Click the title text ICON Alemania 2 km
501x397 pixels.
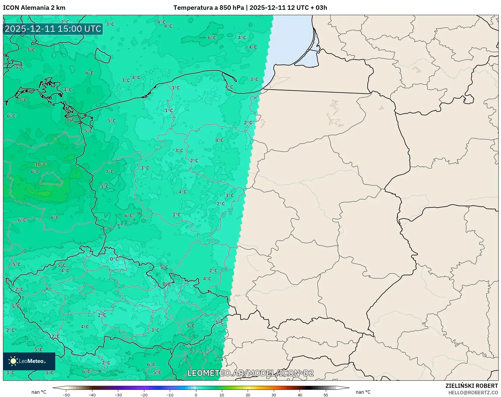click(34, 8)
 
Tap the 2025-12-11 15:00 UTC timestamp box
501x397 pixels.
click(53, 29)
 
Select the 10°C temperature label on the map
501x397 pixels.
click(41, 164)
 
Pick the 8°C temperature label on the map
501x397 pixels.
click(70, 120)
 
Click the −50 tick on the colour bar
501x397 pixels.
click(66, 395)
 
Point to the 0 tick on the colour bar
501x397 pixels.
click(196, 395)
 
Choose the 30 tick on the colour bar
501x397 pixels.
click(274, 395)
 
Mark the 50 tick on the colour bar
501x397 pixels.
click(326, 395)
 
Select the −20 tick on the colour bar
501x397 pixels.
click(144, 395)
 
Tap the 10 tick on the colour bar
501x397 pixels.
click(222, 395)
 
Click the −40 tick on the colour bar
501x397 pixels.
click(92, 395)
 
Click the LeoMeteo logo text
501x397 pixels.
click(32, 361)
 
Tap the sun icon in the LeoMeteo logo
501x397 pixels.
click(13, 361)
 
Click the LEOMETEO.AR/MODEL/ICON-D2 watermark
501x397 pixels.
click(250, 373)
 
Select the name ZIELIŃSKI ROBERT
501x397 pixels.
click(471, 386)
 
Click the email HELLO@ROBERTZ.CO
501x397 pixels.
click(473, 393)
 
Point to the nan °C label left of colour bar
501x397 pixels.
click(39, 392)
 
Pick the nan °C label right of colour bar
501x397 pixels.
click(363, 392)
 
